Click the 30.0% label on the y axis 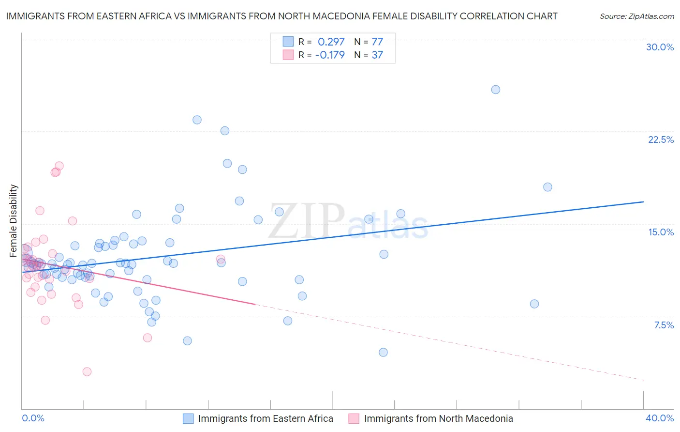tap(660, 47)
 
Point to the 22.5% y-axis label tap(661, 139)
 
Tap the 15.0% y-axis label tap(661, 232)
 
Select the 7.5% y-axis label tap(664, 325)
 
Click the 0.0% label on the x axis tap(33, 418)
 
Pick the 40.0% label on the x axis tap(659, 418)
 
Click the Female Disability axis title tap(14, 220)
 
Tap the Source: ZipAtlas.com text tap(636, 16)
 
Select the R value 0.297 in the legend tap(331, 42)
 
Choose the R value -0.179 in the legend tap(330, 55)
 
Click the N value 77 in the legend tap(377, 42)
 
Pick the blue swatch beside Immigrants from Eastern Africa tap(188, 418)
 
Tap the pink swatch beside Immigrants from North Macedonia tap(354, 418)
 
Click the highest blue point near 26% tap(495, 90)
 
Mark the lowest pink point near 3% tap(87, 371)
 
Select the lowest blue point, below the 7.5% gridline tap(383, 352)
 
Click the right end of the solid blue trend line tap(643, 201)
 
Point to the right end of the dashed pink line tap(643, 380)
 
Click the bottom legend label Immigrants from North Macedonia tap(438, 418)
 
